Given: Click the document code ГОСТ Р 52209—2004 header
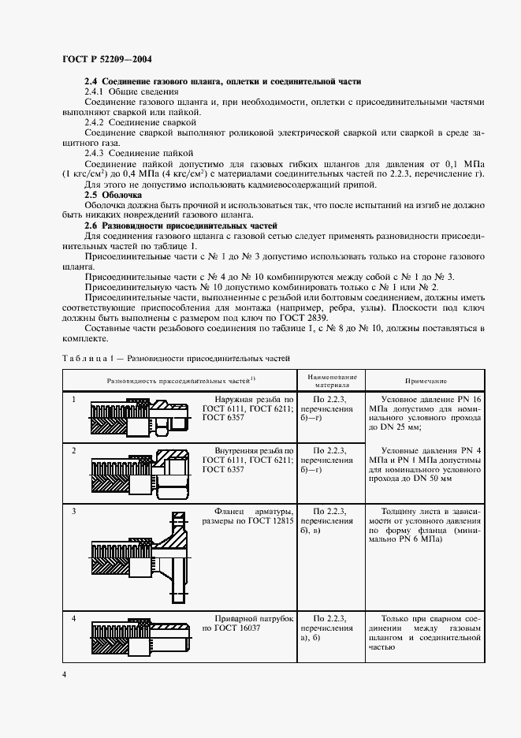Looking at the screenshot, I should coord(107,58).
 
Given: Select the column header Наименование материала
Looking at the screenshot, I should coord(332,380).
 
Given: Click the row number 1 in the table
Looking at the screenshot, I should coord(73,399).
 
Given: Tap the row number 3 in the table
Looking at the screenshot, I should coord(73,512).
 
